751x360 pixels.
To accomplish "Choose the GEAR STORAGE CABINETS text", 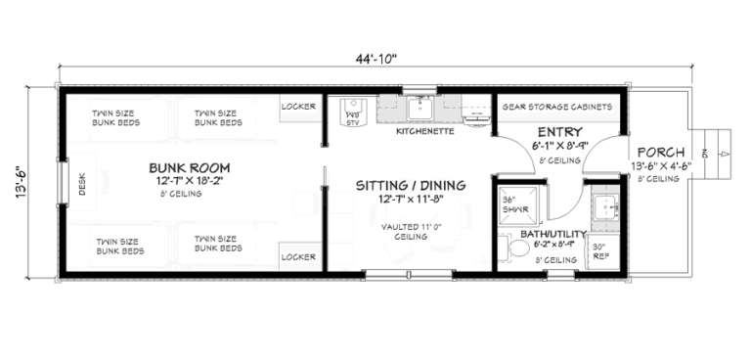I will coord(556,106).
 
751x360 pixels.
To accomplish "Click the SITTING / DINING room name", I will coord(410,185).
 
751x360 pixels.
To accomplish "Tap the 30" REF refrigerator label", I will coord(601,251).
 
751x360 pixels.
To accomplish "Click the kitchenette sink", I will coord(421,105).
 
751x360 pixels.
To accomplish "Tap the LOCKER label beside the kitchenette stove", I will coord(298,106).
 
